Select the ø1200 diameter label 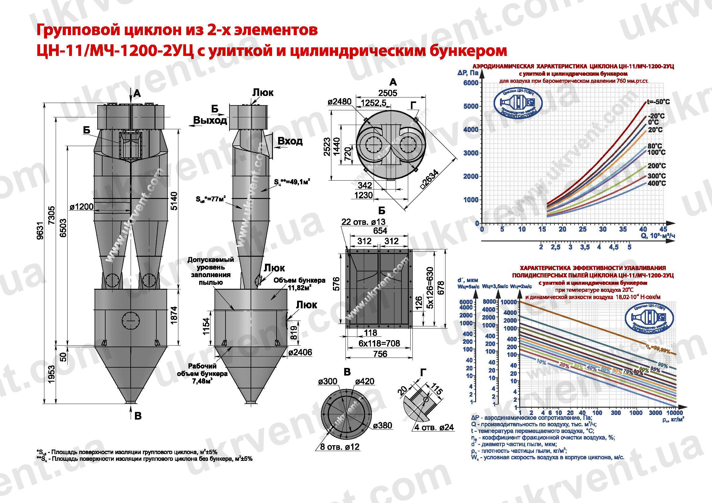81,207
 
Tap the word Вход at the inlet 290,141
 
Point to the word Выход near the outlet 210,120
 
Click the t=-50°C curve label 658,102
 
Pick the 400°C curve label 657,183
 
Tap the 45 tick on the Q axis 663,229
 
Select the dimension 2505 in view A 387,93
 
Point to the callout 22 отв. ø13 363,222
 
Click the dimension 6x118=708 379,343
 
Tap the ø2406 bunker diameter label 300,352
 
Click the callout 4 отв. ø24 434,428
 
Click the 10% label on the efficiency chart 541,362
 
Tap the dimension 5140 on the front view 175,201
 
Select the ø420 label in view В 365,381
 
